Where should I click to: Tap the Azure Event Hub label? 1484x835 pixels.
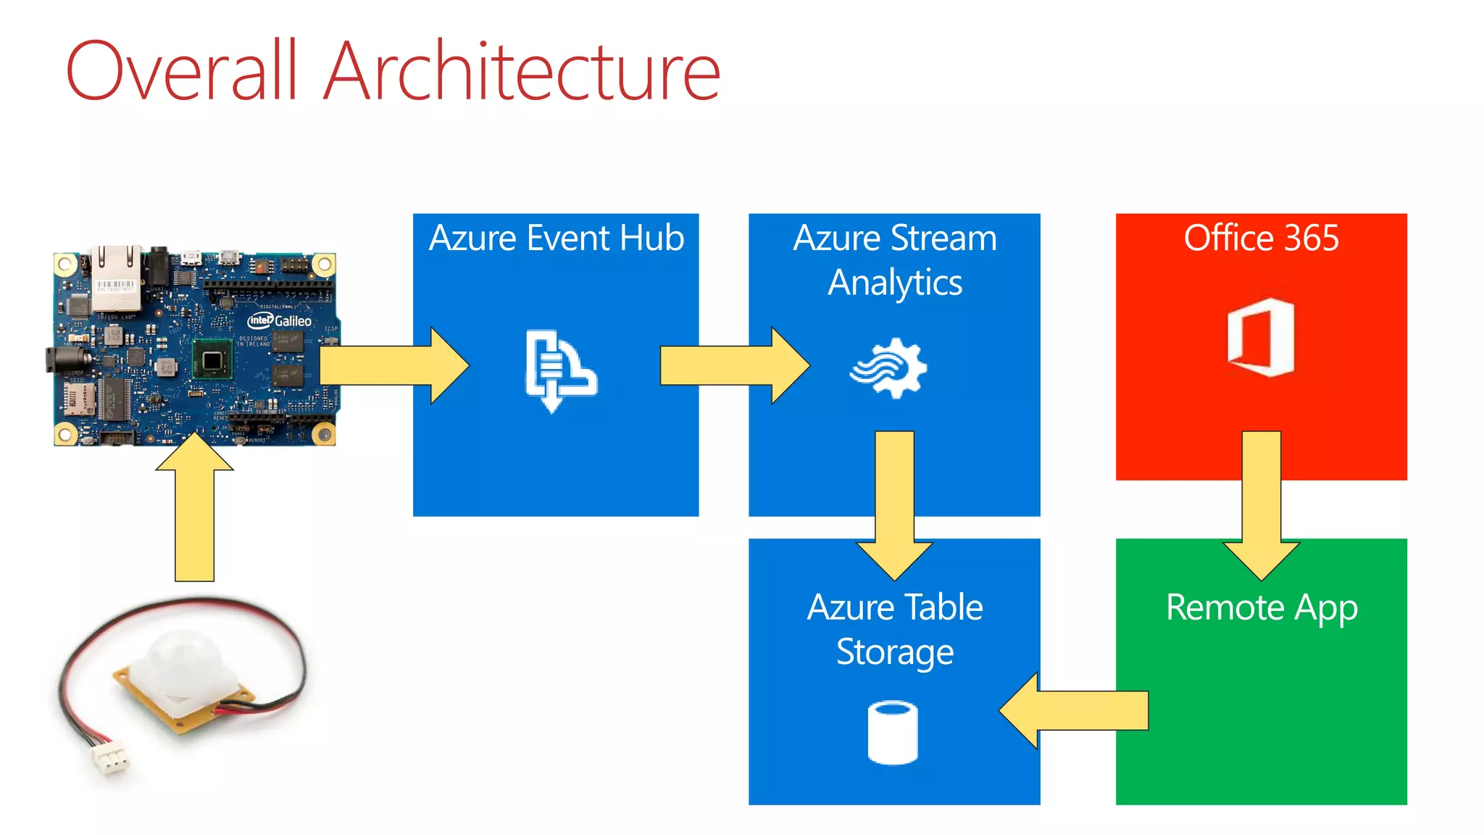pos(556,238)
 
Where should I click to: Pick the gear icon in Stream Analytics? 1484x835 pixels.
pos(890,368)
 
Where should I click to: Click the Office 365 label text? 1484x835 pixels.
pos(1261,238)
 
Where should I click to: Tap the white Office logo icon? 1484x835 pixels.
pos(1261,337)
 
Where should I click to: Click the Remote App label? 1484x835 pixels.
pos(1261,607)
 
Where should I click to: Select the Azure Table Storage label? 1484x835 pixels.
pos(894,629)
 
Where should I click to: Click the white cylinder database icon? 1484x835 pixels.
pos(893,732)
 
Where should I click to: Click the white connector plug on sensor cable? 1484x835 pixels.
pos(109,760)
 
